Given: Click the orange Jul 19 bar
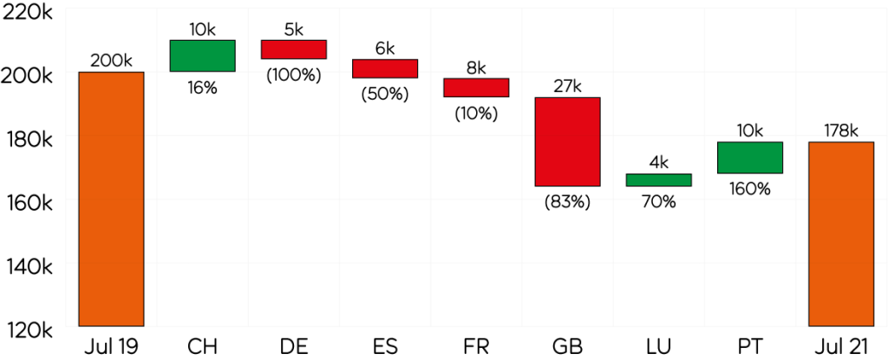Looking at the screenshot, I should pos(111,199).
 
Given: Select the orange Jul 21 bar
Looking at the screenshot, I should pos(840,233).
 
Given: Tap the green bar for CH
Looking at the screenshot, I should pos(202,56).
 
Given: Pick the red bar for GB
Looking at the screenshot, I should pos(567,141).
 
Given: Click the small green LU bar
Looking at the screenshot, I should pos(658,180).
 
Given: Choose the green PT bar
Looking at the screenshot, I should pos(749,157).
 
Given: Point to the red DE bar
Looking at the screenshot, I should pos(293,49).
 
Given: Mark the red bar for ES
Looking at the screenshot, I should pos(384,69).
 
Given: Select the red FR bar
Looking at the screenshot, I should pos(476,88).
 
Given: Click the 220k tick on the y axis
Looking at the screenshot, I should pos(29,11).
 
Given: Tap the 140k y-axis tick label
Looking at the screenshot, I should pos(29,265).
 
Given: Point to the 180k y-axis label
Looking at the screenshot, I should pos(29,139).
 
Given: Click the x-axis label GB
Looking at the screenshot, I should pos(567,346).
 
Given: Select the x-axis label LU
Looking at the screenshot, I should pos(658,346).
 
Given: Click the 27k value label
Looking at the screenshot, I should pos(567,86).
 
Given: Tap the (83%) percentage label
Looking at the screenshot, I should pos(567,201).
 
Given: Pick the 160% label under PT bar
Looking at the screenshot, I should pos(749,187).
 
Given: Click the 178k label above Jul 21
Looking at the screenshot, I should pos(840,131).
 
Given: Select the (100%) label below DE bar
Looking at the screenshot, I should pos(293,75).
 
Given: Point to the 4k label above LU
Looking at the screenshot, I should pos(658,162).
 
